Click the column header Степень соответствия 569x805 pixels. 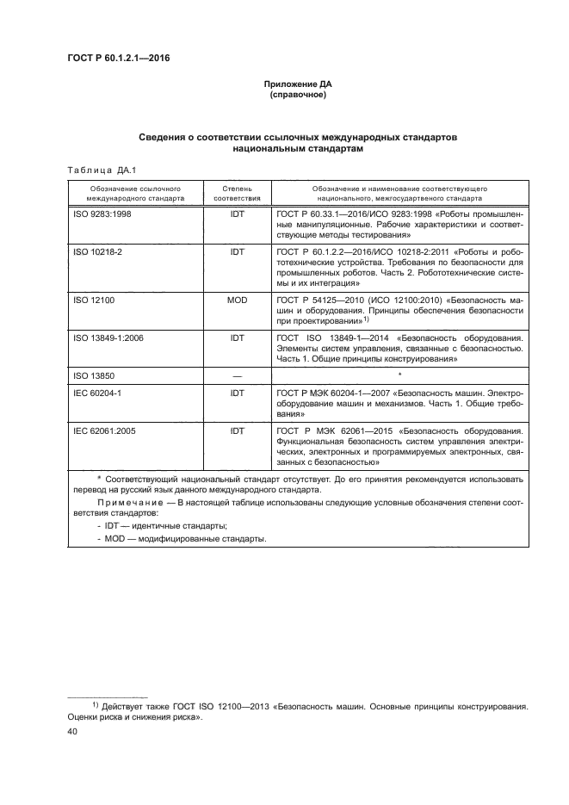[x=236, y=191]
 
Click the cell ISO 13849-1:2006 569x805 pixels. [x=108, y=338]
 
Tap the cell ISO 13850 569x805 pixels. [x=91, y=375]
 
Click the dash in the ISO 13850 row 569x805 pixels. [x=236, y=375]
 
